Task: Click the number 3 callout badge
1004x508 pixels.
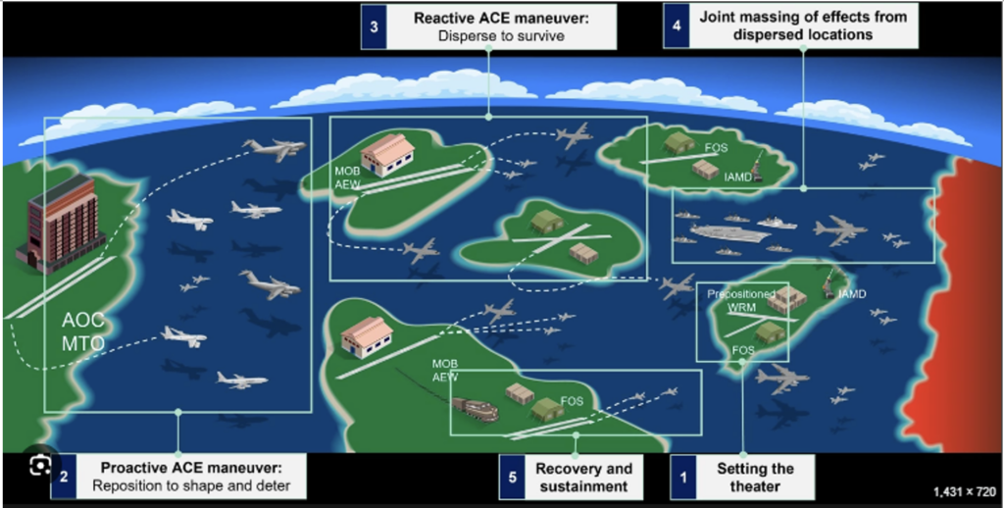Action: pyautogui.click(x=373, y=27)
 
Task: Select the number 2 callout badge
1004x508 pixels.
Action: pyautogui.click(x=63, y=477)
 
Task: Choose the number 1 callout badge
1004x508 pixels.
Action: pyautogui.click(x=684, y=478)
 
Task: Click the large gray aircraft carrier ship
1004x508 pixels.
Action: pyautogui.click(x=729, y=233)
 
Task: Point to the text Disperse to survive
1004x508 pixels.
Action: pyautogui.click(x=501, y=37)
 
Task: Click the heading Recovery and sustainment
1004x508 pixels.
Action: pyautogui.click(x=583, y=477)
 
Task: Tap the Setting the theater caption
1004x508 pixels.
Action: pyautogui.click(x=755, y=477)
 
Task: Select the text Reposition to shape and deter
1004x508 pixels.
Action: pyautogui.click(x=191, y=485)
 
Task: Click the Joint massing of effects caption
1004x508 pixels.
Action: pyautogui.click(x=803, y=25)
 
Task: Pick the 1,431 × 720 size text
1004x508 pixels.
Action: pyautogui.click(x=963, y=491)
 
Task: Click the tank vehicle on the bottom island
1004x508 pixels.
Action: pyautogui.click(x=476, y=408)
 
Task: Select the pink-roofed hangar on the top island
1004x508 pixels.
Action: pyautogui.click(x=387, y=154)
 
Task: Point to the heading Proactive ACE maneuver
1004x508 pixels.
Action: pyautogui.click(x=191, y=468)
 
